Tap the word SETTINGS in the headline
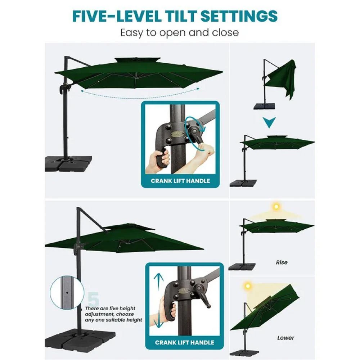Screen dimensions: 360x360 (x=239, y=16)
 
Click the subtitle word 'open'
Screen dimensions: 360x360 (x=172, y=33)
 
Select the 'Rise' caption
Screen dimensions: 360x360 (x=282, y=262)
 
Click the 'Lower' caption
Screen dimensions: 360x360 (x=285, y=338)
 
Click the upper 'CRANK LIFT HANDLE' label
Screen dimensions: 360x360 (x=180, y=181)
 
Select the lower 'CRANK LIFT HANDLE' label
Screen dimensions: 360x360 (x=184, y=343)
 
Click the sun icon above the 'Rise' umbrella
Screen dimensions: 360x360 (x=276, y=207)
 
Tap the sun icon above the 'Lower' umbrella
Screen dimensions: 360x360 (x=248, y=286)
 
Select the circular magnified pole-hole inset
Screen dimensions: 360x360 (x=67, y=292)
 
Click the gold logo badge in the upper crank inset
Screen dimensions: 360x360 (x=178, y=134)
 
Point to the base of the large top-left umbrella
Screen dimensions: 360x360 (x=68, y=163)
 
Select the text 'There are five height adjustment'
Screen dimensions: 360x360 (x=110, y=311)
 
